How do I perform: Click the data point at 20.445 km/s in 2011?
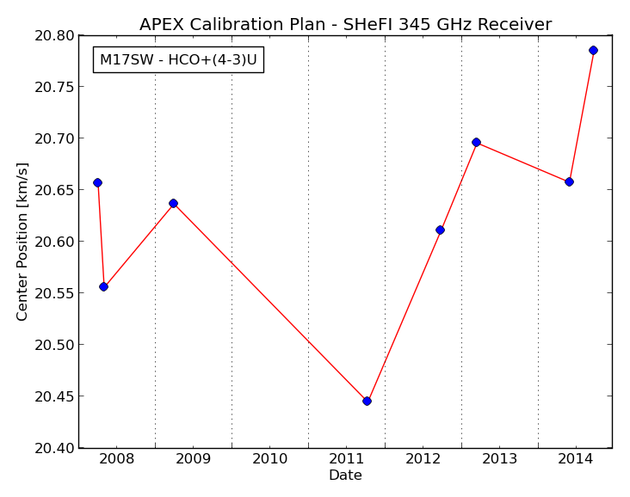367,401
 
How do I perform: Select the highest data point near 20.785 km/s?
594,50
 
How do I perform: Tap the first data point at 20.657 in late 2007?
97,182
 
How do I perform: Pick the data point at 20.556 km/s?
103,286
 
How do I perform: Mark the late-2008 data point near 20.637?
173,203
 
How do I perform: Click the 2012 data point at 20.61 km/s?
440,230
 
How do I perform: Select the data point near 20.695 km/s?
476,142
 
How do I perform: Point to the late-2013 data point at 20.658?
569,181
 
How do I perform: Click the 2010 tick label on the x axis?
269,459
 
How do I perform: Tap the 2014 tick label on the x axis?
576,459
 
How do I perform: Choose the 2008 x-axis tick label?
116,459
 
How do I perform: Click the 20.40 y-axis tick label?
54,448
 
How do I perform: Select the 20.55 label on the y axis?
54,293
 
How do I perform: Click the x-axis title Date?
345,476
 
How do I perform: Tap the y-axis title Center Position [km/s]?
22,242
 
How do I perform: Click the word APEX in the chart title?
162,24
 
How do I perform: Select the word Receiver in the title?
515,24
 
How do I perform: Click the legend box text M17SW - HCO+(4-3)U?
178,60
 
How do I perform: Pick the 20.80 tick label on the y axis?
54,36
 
